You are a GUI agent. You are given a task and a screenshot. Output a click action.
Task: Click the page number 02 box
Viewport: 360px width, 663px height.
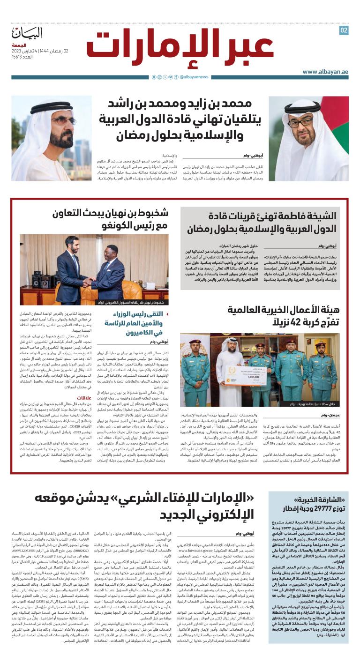[344, 30]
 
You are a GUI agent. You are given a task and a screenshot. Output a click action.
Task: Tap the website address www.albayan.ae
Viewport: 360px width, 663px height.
[325, 72]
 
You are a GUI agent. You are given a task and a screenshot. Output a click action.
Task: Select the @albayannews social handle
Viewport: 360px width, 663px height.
[194, 77]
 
